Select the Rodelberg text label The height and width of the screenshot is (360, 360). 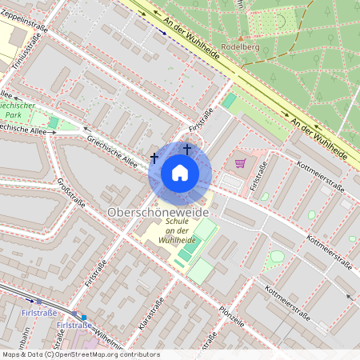pyautogui.click(x=246, y=46)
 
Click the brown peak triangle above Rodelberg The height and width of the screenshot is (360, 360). pyautogui.click(x=240, y=36)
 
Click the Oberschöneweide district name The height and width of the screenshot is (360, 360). pyautogui.click(x=158, y=213)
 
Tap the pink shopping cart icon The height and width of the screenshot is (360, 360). pyautogui.click(x=240, y=164)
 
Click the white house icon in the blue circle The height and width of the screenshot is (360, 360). pyautogui.click(x=180, y=172)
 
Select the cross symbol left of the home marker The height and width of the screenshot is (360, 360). pyautogui.click(x=154, y=158)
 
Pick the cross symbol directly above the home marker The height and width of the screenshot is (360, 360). pyautogui.click(x=187, y=149)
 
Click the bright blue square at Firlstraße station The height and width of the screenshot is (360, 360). pyautogui.click(x=83, y=318)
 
